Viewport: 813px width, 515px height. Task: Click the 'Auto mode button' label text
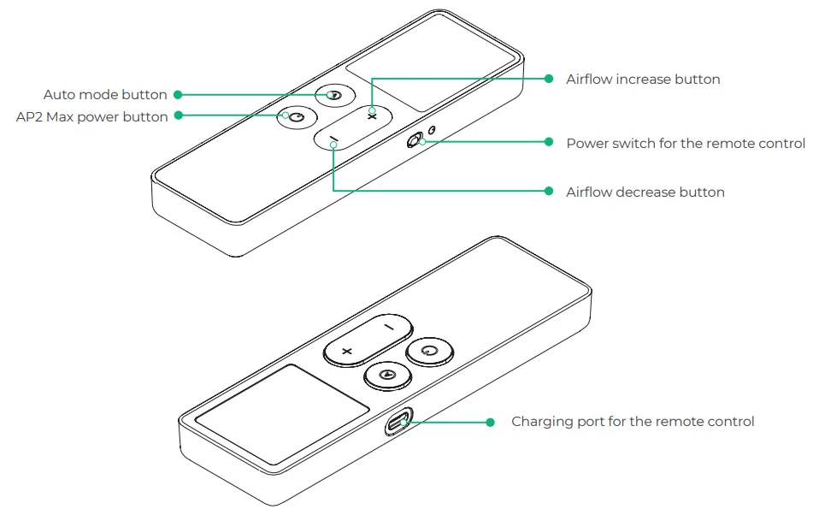click(105, 94)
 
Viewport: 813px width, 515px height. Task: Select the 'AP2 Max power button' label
click(91, 116)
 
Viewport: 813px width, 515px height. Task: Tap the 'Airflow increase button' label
click(643, 79)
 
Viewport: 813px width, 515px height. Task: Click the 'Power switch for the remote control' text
click(686, 143)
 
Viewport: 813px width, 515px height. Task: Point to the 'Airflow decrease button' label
click(645, 192)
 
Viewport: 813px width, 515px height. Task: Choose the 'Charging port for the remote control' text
click(633, 421)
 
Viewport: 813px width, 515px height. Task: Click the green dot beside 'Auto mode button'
click(178, 94)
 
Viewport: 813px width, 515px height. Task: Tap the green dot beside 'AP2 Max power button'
click(179, 115)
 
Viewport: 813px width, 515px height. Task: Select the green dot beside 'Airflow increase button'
click(549, 79)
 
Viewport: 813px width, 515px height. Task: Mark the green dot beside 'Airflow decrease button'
click(549, 191)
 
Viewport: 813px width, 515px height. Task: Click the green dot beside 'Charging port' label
click(490, 422)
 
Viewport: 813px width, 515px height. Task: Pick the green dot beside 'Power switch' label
click(549, 142)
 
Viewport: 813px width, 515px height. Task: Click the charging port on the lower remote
click(398, 422)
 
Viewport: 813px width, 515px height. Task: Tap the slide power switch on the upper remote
click(415, 140)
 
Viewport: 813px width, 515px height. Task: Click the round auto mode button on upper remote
click(335, 96)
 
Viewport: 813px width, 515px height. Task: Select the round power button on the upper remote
click(297, 118)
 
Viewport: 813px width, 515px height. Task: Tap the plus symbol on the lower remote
click(347, 352)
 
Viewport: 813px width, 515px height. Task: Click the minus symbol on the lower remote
click(389, 328)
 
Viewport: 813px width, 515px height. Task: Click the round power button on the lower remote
click(429, 351)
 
